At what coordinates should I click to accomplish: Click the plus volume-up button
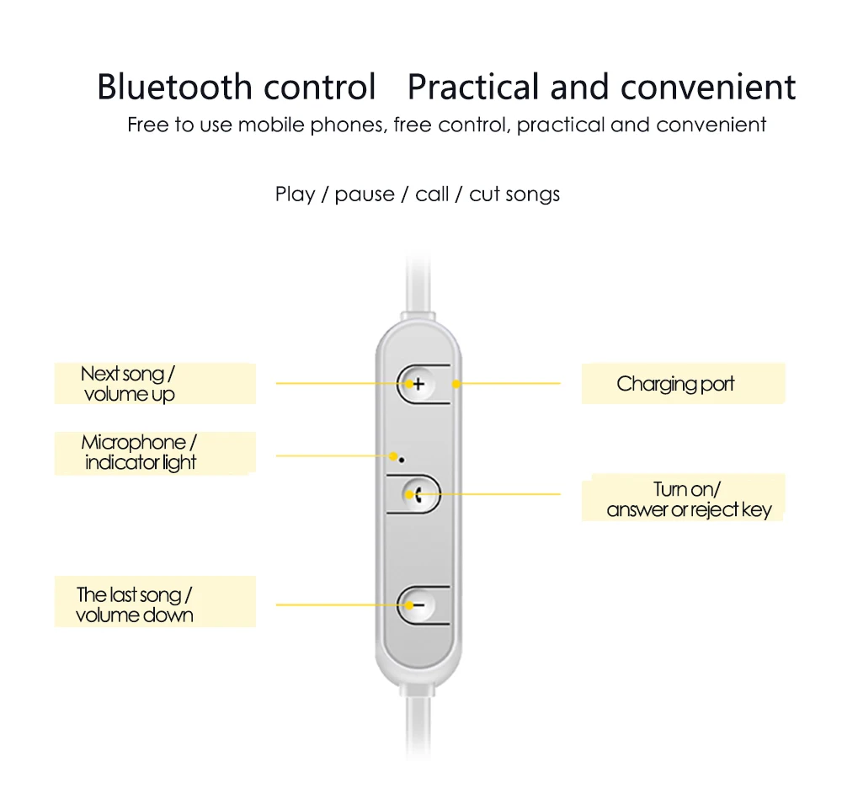pos(418,383)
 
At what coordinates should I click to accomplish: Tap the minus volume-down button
pos(418,605)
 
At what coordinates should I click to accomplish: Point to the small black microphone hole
pos(402,460)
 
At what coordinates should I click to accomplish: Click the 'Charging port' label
pos(675,384)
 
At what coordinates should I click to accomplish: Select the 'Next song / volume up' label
pos(128,383)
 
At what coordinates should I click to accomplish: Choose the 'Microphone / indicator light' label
pos(139,452)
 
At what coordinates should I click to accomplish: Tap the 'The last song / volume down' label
pos(134,604)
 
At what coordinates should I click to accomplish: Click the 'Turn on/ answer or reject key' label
pos(689,499)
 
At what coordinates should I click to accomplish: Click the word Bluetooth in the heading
pos(174,87)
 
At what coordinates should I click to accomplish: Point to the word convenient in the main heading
pos(708,87)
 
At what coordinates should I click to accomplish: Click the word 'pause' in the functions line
pos(364,194)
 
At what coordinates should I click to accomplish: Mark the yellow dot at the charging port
pos(456,384)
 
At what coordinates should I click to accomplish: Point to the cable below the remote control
pos(418,725)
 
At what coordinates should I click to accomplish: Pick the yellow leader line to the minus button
pos(343,605)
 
